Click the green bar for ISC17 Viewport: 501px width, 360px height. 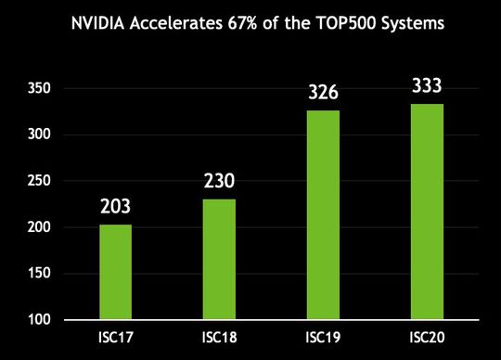pos(116,272)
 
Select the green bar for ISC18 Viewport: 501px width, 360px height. pos(220,260)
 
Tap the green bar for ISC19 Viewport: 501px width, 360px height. pos(324,215)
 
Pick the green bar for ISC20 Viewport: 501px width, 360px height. pos(428,212)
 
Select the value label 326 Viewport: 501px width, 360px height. pos(324,94)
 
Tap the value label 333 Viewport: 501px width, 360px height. pos(428,87)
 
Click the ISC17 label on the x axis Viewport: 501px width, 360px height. pos(116,337)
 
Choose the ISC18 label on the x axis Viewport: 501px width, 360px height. pos(220,337)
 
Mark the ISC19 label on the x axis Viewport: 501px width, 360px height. pos(324,337)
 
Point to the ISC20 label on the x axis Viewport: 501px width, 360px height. pos(428,337)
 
